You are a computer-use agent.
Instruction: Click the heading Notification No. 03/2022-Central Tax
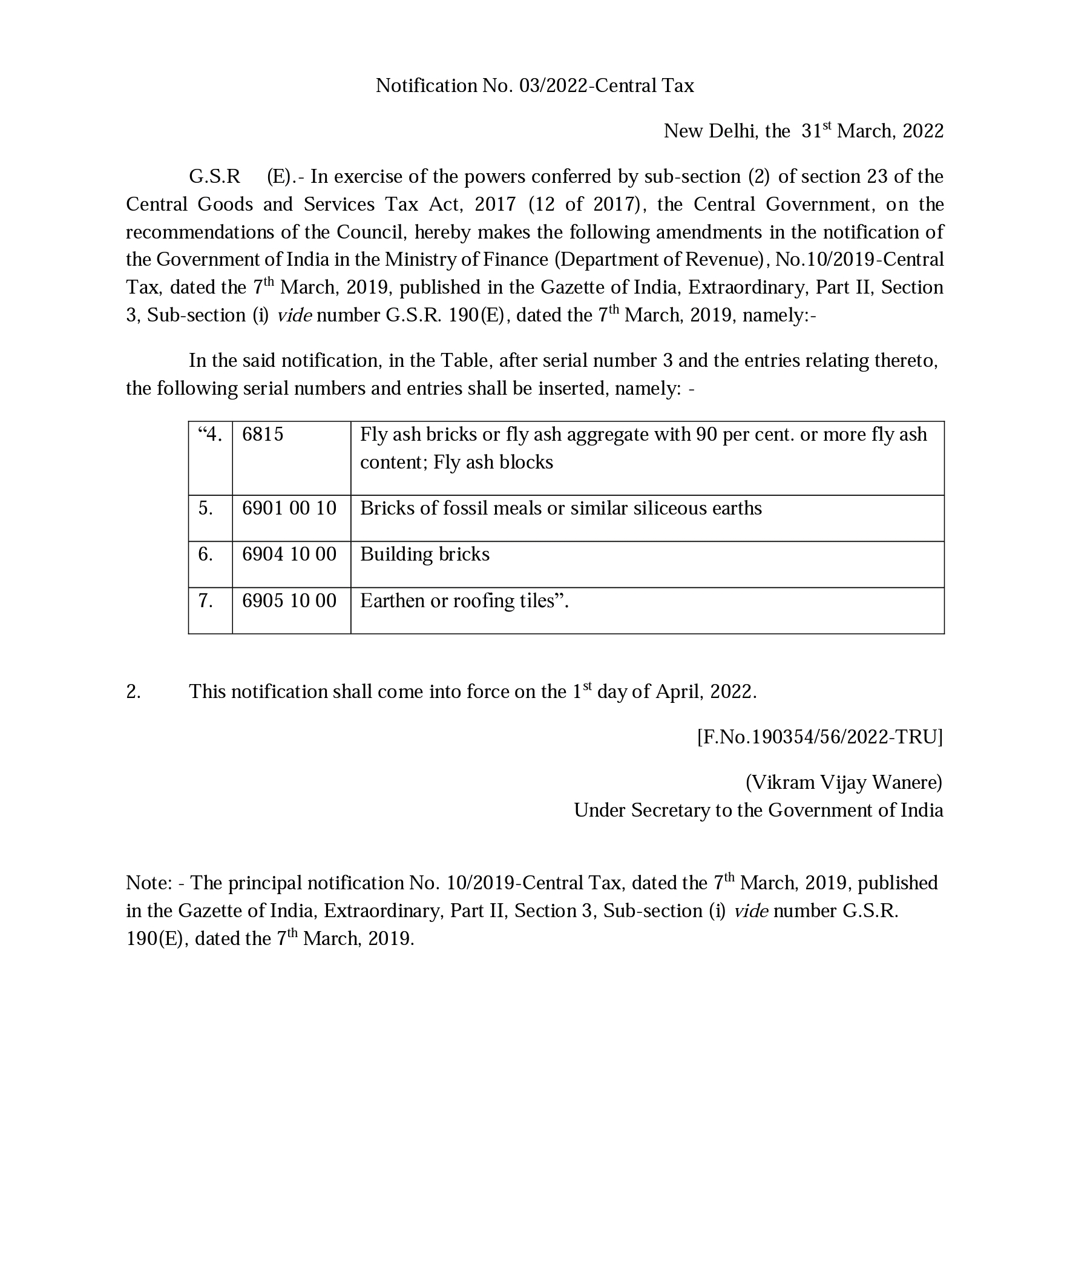[x=534, y=85]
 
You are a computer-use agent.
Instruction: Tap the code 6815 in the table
[x=263, y=434]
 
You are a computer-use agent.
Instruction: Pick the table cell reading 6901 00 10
[x=289, y=508]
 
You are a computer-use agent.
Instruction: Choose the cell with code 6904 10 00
[x=289, y=554]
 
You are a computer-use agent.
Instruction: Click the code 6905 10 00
[x=289, y=601]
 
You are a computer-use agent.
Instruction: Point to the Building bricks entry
[x=424, y=554]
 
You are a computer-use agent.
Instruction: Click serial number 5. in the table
[x=205, y=508]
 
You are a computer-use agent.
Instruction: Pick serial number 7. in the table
[x=205, y=601]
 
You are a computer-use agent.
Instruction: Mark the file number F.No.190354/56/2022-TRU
[x=819, y=737]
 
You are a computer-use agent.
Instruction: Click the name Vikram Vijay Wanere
[x=844, y=783]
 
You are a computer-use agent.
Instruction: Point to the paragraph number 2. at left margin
[x=133, y=691]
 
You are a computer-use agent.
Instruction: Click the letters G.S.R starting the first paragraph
[x=214, y=177]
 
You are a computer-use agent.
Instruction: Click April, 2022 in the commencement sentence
[x=706, y=691]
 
